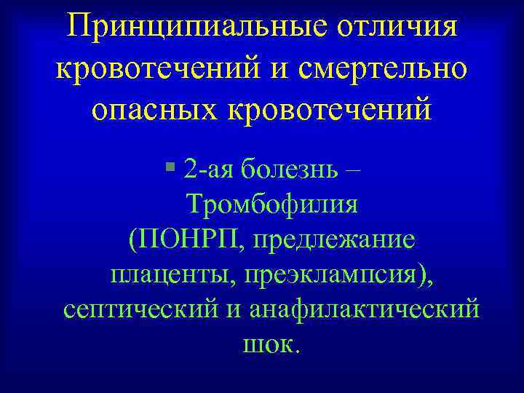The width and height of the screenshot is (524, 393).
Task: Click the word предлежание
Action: [333, 239]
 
